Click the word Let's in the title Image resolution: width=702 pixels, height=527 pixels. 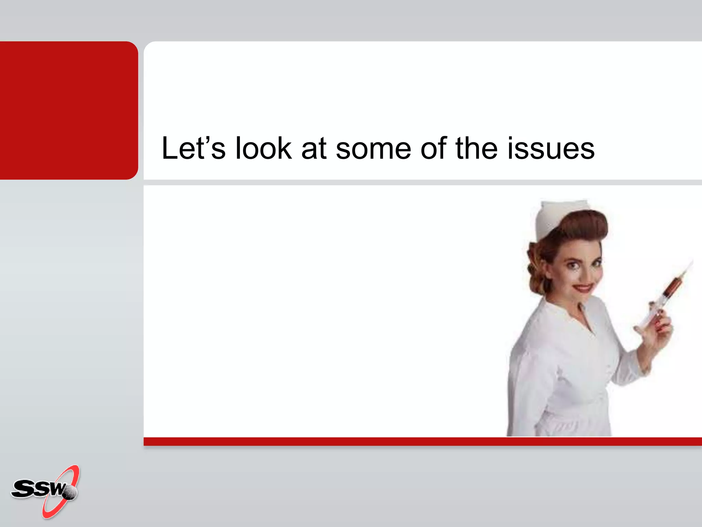(193, 148)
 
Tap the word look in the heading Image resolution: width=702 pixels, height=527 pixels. (263, 148)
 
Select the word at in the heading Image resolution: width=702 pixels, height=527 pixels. (314, 149)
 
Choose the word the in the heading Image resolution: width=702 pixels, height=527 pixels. (476, 148)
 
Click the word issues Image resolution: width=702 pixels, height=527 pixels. (551, 149)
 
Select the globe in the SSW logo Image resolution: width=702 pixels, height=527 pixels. (70, 493)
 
